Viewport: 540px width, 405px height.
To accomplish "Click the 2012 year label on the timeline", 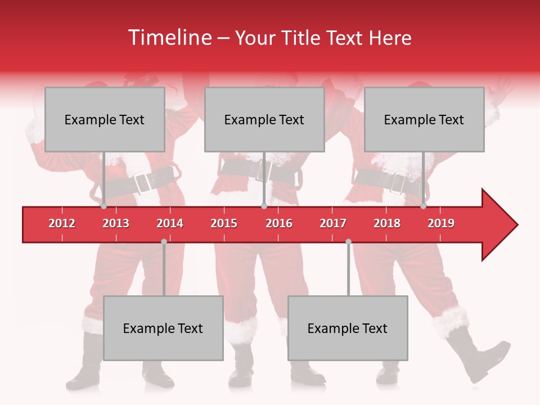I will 62,223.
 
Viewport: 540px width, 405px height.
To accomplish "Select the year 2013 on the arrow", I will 116,223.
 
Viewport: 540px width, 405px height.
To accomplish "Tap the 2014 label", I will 170,223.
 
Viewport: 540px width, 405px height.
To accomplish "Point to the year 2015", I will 224,223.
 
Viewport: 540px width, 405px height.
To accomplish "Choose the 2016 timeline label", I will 279,223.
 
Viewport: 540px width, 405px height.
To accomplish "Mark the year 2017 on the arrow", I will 333,223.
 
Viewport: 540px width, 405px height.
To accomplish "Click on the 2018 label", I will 387,223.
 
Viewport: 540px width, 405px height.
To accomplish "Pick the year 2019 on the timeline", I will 441,223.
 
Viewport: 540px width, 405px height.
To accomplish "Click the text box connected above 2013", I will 105,119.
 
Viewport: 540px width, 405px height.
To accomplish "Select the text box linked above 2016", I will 264,119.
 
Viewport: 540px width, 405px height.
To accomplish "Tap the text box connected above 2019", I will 424,119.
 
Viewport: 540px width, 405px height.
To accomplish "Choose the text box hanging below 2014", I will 163,328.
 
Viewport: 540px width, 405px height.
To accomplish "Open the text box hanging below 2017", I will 348,328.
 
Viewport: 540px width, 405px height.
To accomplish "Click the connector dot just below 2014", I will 164,241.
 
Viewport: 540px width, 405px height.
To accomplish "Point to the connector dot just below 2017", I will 348,241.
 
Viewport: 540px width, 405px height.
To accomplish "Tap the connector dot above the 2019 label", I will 423,206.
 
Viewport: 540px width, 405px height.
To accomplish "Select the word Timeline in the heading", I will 169,38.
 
